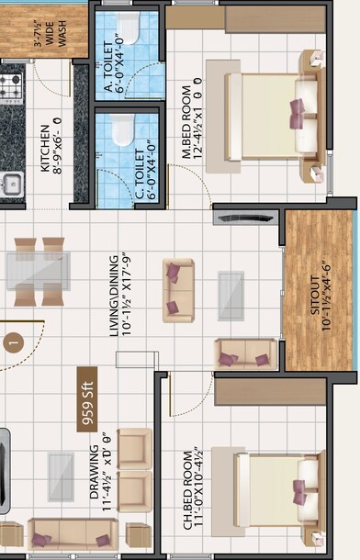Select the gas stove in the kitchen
point(10,88)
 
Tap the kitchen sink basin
point(11,185)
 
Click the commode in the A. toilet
point(129,29)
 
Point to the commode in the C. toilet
point(119,130)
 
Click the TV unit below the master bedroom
point(242,216)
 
